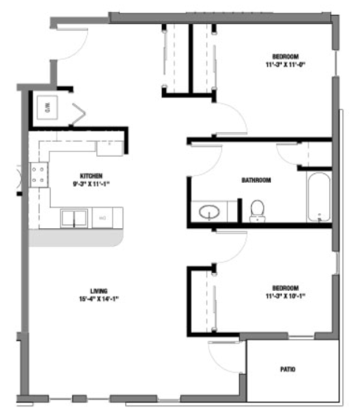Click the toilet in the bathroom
tap(257, 209)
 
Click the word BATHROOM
tap(256, 181)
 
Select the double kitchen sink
tap(73, 218)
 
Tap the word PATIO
tap(287, 370)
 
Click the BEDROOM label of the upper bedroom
tap(286, 57)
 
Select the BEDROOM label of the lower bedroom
tap(286, 289)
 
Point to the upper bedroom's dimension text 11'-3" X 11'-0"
tap(286, 65)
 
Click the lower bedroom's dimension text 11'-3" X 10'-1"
tap(286, 296)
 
